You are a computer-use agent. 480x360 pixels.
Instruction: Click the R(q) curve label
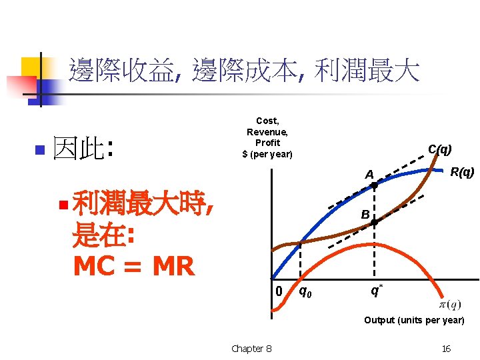(x=462, y=173)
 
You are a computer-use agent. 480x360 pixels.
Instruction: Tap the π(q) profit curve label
(x=450, y=304)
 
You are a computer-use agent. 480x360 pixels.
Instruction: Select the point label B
(x=365, y=215)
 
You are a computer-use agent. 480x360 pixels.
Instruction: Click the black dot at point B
(x=375, y=221)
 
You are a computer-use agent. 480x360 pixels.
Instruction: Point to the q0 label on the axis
(x=303, y=291)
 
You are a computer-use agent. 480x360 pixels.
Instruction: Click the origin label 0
(x=280, y=291)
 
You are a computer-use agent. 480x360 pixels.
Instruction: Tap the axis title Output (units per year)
(x=414, y=321)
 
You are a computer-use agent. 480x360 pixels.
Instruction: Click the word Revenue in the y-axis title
(x=267, y=132)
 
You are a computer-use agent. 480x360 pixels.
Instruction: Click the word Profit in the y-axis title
(x=267, y=143)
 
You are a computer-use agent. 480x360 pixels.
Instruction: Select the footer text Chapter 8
(x=251, y=349)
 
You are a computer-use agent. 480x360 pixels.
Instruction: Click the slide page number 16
(x=446, y=349)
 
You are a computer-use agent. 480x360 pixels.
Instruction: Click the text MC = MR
(x=133, y=266)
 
